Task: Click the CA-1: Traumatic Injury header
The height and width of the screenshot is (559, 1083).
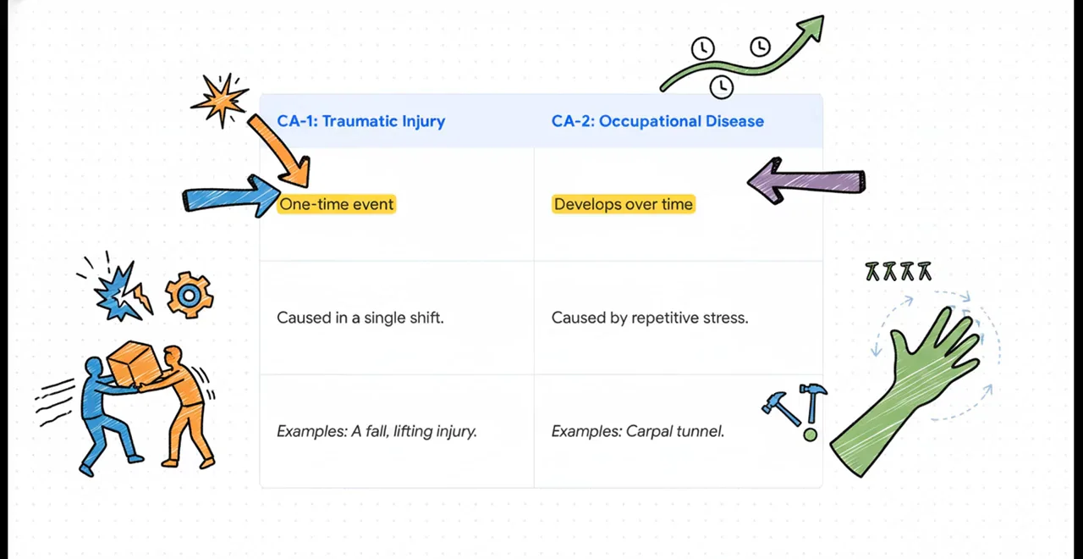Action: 360,121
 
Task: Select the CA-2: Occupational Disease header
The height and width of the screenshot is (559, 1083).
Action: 657,121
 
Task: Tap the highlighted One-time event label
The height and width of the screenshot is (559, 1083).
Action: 337,204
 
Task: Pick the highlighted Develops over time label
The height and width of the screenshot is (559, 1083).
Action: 624,204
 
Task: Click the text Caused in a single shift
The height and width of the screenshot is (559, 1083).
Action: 360,318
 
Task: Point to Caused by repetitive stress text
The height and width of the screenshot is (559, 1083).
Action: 650,318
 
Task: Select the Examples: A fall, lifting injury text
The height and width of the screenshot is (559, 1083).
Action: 377,431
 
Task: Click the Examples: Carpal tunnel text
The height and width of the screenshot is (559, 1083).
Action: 638,431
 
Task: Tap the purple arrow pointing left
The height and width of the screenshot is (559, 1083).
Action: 806,181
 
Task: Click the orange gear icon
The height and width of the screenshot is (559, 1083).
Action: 189,296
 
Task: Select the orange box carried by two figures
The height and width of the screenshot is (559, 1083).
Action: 134,363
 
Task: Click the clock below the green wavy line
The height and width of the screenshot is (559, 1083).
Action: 722,87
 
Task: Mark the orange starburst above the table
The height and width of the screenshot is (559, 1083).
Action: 221,100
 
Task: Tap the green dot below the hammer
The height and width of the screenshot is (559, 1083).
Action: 811,434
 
